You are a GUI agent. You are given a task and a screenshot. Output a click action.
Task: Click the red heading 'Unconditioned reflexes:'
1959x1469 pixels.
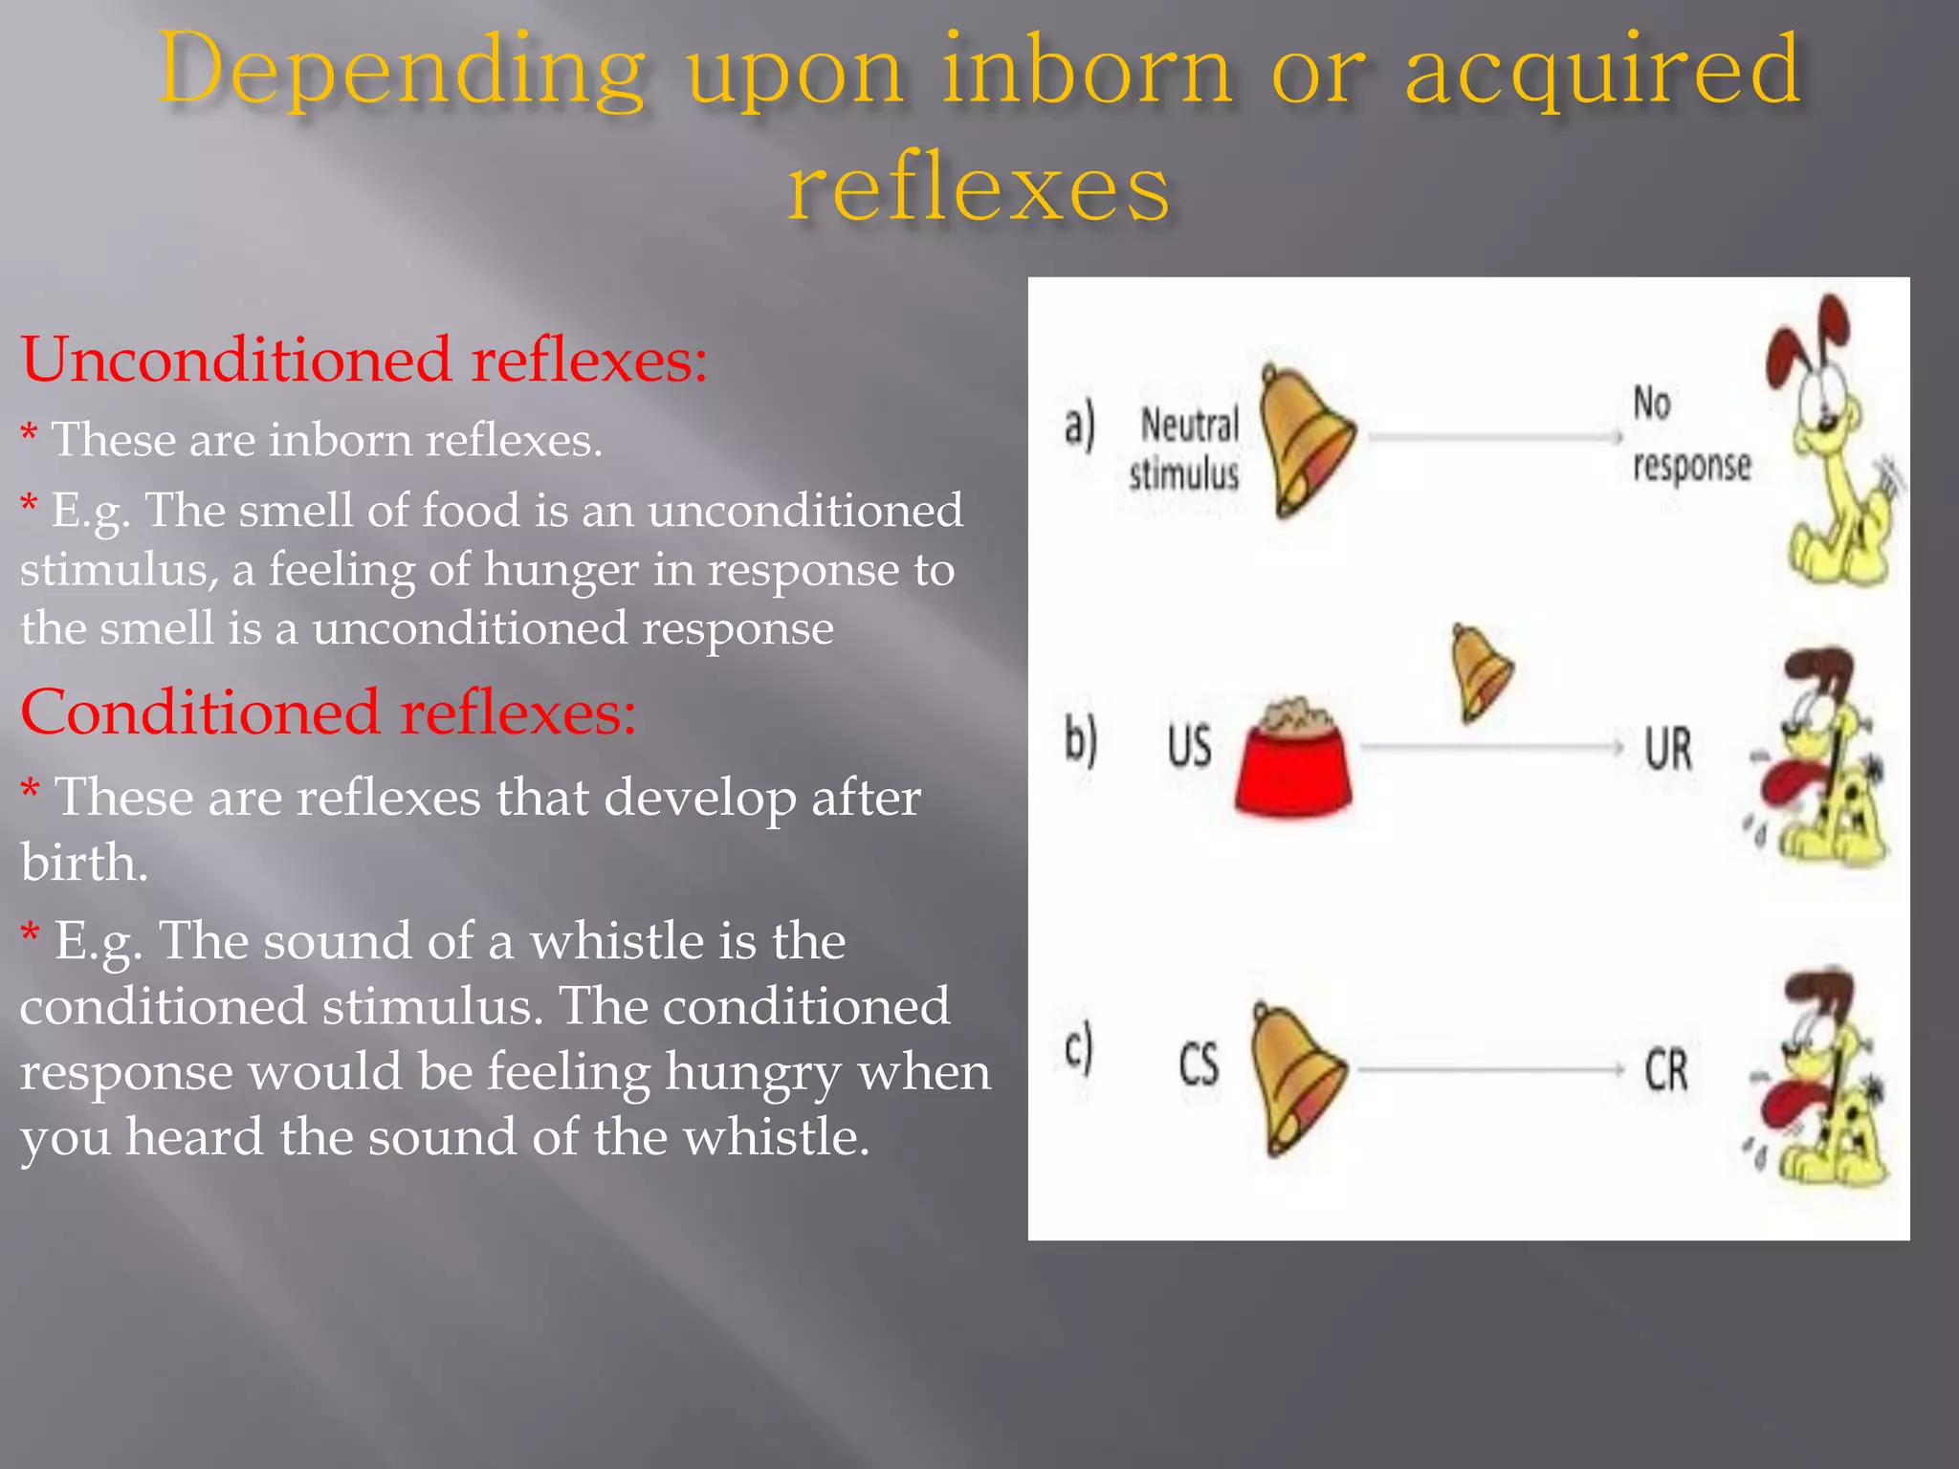pos(363,361)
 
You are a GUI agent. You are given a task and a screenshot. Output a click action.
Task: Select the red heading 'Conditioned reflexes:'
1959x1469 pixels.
pos(328,713)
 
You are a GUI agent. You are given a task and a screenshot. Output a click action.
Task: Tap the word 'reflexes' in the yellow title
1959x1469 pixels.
pos(979,187)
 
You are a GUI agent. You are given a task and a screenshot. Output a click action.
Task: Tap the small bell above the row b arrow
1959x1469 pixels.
pos(1481,671)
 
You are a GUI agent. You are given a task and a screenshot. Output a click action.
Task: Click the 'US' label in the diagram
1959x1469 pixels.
pos(1189,747)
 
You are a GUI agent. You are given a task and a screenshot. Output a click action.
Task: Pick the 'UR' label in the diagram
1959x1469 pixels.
pos(1668,749)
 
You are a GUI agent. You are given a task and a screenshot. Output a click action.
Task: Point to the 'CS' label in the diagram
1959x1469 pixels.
pos(1199,1064)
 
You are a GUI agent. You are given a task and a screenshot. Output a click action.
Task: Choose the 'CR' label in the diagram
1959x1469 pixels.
pos(1666,1070)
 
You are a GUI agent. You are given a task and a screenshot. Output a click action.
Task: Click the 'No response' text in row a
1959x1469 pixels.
pos(1689,435)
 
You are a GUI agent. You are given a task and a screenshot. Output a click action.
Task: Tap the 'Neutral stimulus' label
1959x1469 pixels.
pos(1186,449)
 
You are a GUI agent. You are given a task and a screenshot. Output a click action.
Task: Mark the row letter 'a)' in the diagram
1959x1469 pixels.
pos(1080,426)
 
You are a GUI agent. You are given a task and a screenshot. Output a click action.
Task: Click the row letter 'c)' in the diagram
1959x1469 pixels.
pos(1079,1049)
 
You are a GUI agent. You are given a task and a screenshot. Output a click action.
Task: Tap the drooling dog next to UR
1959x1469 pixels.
pos(1822,760)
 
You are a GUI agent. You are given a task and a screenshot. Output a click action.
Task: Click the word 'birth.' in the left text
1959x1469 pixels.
pos(84,863)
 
